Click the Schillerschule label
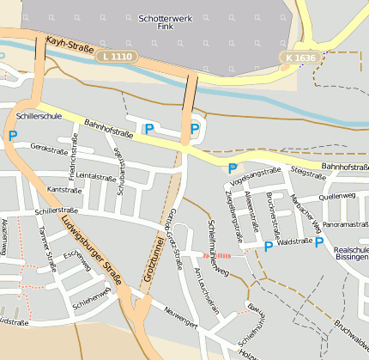(39, 115)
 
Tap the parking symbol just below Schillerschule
(12, 135)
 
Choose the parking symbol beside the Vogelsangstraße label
(232, 168)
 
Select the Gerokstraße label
(48, 147)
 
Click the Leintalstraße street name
(95, 176)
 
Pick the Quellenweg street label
(336, 196)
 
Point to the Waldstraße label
(294, 242)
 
